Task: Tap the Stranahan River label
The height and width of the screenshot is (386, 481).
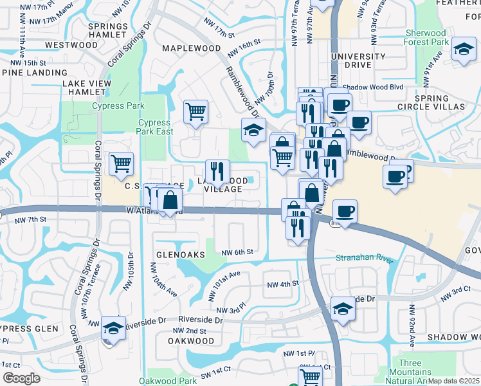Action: [x=364, y=259]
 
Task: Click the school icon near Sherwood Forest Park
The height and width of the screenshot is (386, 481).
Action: [x=463, y=50]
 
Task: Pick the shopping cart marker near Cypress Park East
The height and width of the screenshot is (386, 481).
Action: [x=195, y=111]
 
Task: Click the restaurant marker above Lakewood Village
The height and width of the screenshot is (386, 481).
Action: [x=217, y=171]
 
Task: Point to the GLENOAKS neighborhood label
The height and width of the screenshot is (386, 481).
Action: [x=174, y=255]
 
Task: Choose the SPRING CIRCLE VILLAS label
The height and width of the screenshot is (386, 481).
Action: [x=430, y=102]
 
